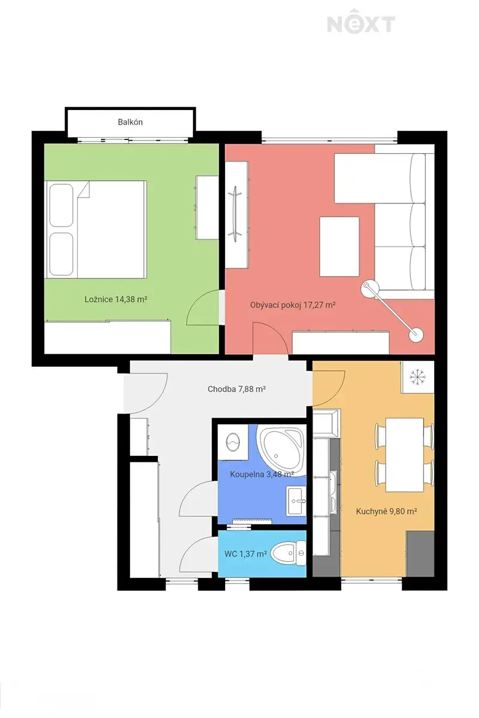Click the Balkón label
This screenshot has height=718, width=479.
130,122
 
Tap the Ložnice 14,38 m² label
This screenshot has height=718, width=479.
116,299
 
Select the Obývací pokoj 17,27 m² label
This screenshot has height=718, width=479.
293,305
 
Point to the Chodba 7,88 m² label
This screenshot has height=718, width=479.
237,389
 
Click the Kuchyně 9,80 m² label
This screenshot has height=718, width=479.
386,511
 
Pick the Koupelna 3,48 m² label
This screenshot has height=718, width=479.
262,474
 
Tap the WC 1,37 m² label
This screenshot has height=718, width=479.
245,554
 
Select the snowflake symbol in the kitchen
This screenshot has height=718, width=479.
417,377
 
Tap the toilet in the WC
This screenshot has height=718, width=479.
289,553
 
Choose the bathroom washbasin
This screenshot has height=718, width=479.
296,500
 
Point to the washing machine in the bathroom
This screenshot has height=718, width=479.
233,442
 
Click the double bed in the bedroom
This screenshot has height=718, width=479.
95,229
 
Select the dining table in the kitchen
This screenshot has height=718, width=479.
405,455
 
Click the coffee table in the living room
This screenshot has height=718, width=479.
339,247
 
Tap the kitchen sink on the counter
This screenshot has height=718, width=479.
334,491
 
